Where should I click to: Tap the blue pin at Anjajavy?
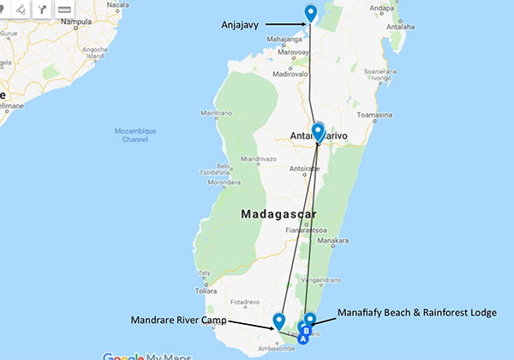(x=311, y=13)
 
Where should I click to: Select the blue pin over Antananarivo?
(x=319, y=131)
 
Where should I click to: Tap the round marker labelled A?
(x=302, y=338)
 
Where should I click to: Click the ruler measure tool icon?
(x=64, y=9)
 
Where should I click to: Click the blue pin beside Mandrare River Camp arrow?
(x=278, y=321)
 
